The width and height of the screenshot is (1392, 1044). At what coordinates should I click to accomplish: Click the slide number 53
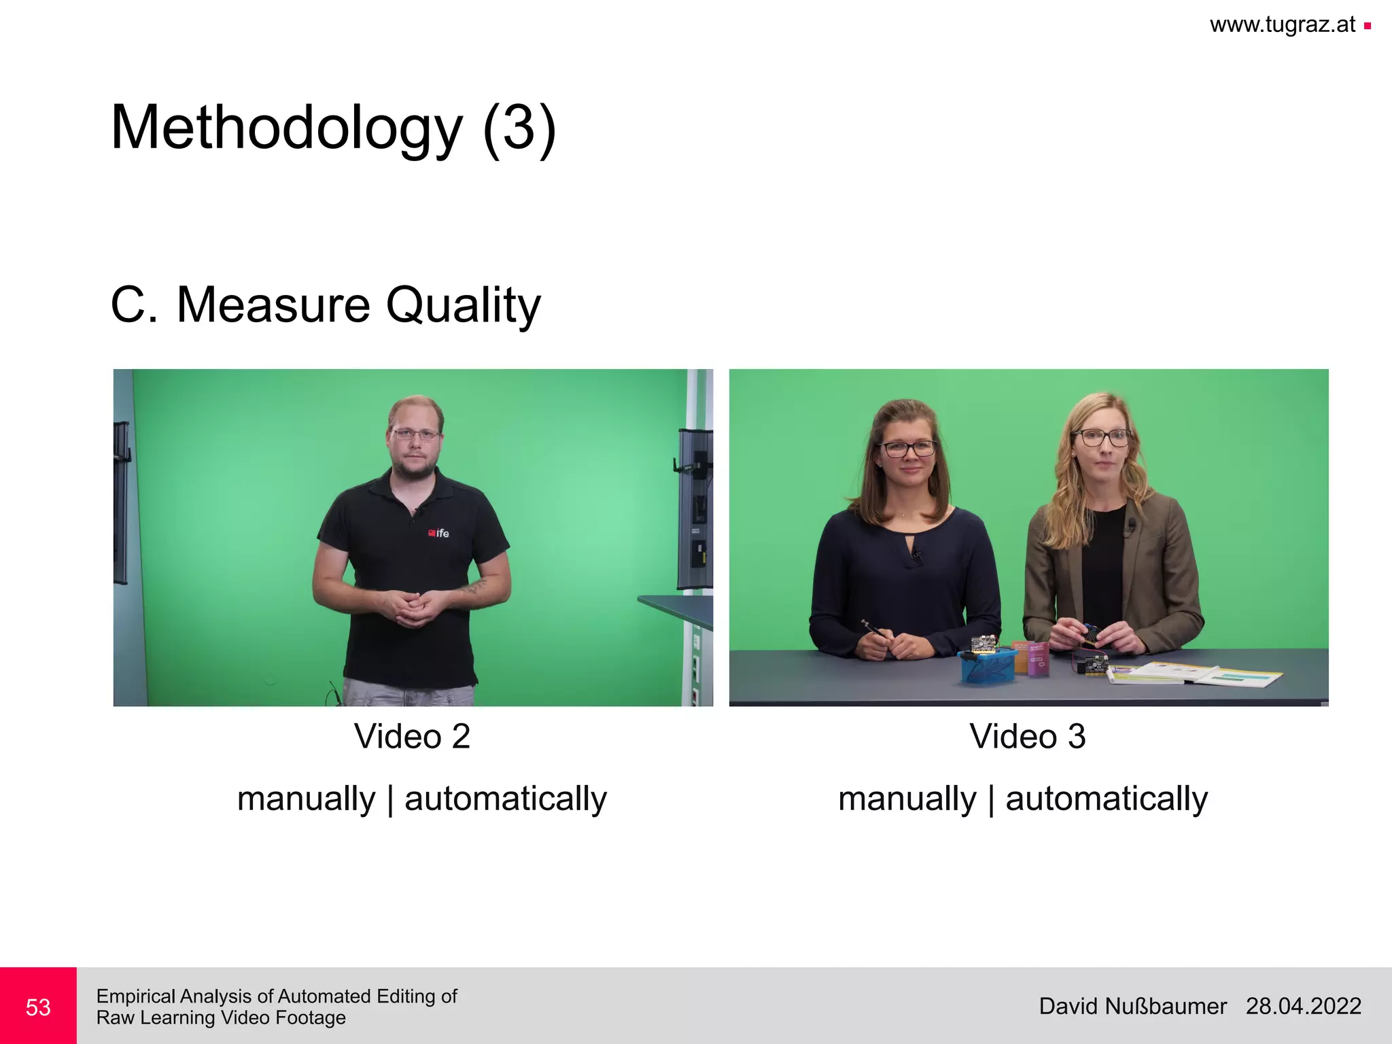point(38,1007)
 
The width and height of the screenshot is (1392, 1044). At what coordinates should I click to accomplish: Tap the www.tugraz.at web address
point(1282,25)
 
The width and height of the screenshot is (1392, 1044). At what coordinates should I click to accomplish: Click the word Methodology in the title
point(286,128)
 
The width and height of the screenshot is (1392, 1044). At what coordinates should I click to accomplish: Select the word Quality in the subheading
point(463,305)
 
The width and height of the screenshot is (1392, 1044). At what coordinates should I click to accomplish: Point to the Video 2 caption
point(412,736)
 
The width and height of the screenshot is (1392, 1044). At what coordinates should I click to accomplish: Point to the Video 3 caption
point(1028,736)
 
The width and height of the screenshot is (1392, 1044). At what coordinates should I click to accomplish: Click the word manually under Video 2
point(306,798)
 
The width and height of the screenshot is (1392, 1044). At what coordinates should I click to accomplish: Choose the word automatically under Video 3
point(1107,798)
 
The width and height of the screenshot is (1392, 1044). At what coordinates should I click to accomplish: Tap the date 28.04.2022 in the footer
point(1303,1006)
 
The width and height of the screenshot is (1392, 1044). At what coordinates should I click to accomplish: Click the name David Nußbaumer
point(1132,1006)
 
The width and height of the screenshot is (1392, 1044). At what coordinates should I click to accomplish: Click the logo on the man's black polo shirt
point(438,533)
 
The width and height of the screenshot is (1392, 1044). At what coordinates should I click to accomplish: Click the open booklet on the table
point(1195,674)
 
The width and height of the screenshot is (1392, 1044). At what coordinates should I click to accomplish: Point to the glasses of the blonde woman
point(1100,438)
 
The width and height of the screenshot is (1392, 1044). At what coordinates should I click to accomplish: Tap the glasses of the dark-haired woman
point(907,449)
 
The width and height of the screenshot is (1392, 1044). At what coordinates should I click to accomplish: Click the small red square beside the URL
point(1368,27)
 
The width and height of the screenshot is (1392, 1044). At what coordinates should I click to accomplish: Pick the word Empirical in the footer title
point(135,996)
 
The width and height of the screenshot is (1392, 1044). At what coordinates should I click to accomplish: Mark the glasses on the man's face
point(415,433)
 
